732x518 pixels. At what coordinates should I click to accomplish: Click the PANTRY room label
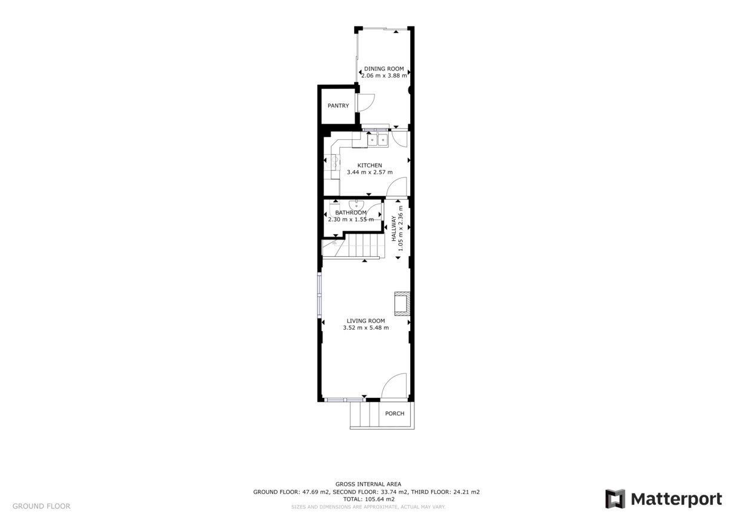click(338, 106)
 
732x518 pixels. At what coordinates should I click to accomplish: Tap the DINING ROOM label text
click(384, 69)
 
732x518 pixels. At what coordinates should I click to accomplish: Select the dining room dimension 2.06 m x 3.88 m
click(384, 75)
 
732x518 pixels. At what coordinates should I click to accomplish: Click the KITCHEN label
click(370, 165)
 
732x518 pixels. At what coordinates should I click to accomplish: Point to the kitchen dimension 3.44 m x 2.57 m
click(370, 172)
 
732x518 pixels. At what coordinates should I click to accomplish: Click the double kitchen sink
click(377, 140)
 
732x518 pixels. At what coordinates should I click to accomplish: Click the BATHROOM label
click(350, 213)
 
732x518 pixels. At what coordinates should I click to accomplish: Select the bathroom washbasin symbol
click(357, 206)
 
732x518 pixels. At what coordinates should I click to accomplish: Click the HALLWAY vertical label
click(394, 228)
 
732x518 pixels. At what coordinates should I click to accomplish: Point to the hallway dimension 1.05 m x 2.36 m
click(401, 228)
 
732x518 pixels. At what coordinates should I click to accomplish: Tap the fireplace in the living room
click(402, 304)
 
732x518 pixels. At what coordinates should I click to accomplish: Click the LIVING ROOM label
click(365, 321)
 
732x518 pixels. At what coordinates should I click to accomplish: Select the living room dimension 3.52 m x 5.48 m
click(365, 328)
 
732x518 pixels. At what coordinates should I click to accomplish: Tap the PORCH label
click(395, 413)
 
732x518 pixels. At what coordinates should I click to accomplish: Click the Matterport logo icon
click(615, 499)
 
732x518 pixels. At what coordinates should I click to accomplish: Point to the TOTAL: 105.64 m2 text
click(368, 499)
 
